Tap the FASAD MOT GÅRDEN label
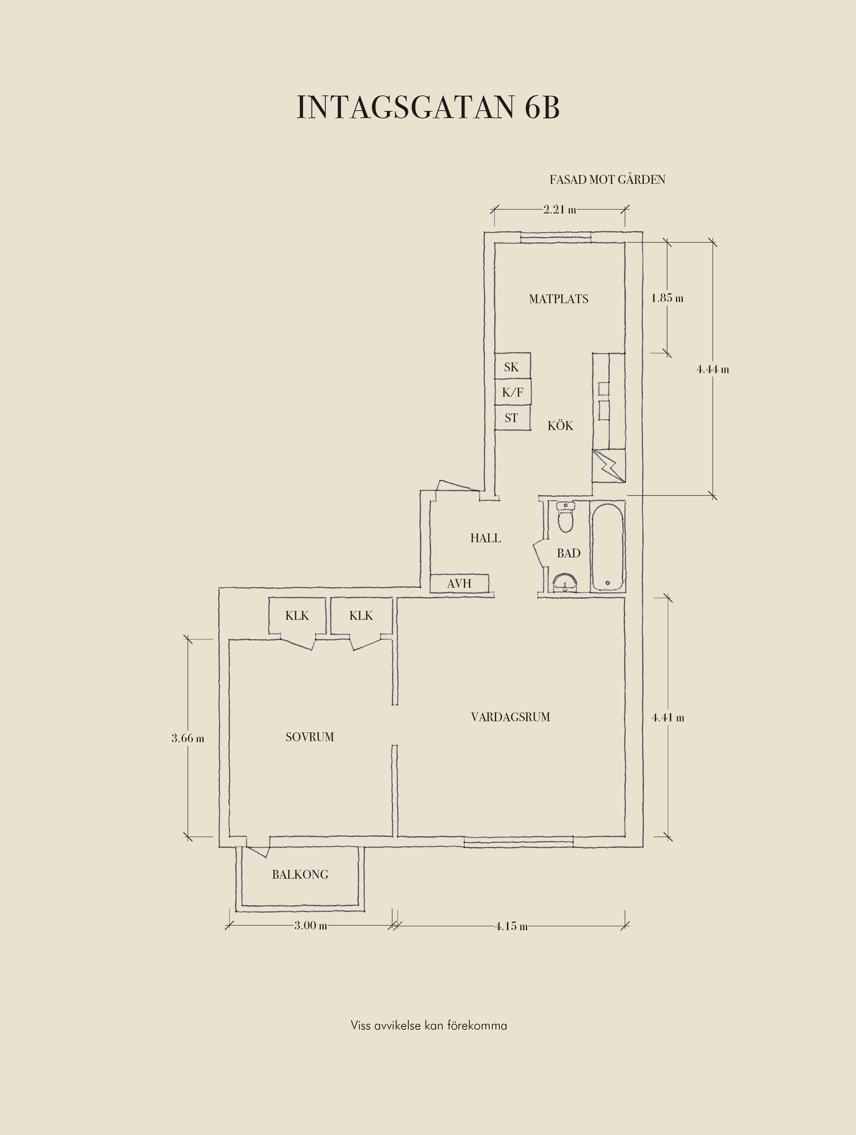(x=607, y=180)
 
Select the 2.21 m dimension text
(x=560, y=209)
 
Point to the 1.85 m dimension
(x=667, y=298)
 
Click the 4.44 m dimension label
(x=712, y=370)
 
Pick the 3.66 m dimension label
(x=188, y=738)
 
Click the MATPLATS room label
(x=559, y=299)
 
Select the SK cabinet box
(x=512, y=366)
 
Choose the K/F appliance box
(x=512, y=392)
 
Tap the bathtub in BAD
(x=608, y=547)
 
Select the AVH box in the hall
(x=459, y=583)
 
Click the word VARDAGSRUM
(x=510, y=717)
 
